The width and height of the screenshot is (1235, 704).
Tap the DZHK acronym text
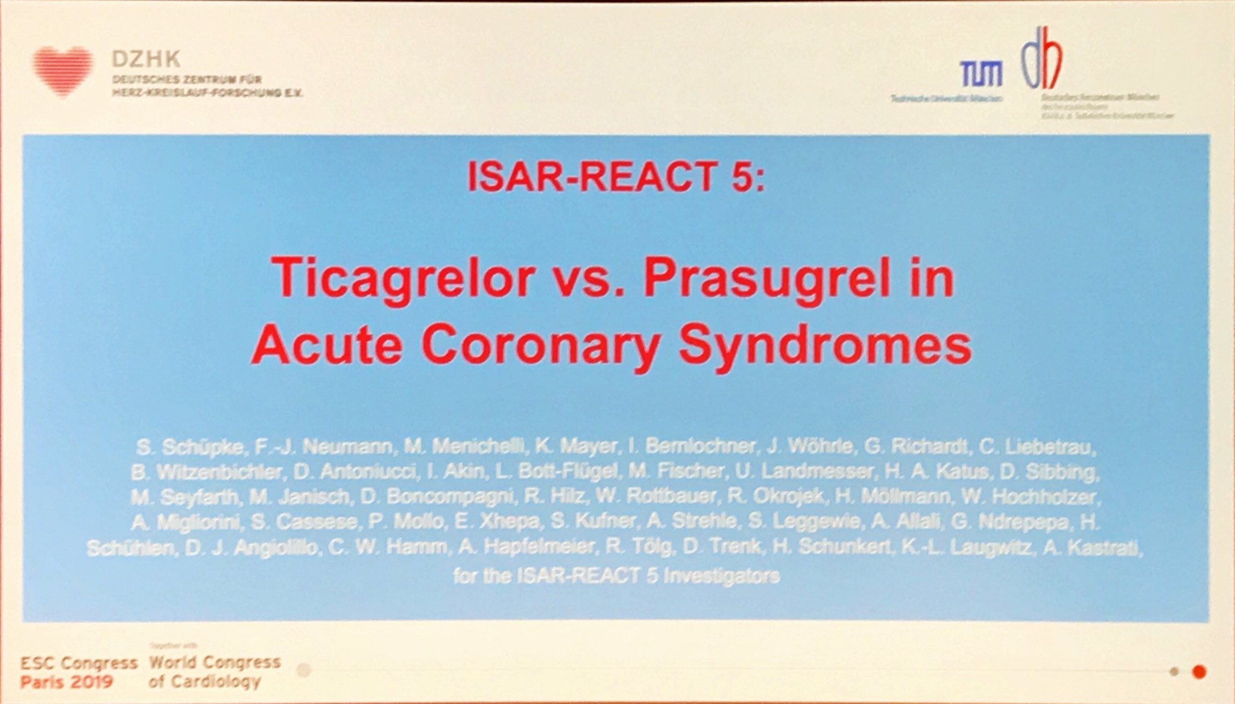(146, 59)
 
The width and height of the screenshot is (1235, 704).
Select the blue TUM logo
(981, 74)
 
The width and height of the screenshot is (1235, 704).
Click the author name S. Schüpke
(189, 447)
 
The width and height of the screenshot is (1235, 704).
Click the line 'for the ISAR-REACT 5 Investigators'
(616, 576)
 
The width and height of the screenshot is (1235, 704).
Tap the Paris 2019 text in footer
(66, 682)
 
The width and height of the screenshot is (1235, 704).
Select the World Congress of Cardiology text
(215, 671)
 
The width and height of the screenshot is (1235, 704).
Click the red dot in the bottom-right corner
(1199, 671)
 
